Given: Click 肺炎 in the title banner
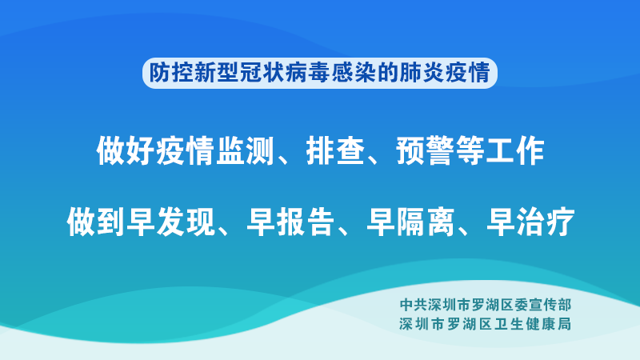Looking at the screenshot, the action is [x=422, y=73].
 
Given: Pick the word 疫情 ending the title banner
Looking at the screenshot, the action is [x=467, y=73].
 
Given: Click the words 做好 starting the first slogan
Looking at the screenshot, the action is [x=126, y=150].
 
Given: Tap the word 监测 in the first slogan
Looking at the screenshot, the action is [x=245, y=150].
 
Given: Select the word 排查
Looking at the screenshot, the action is [x=335, y=150].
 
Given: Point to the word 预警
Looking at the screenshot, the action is [x=426, y=150].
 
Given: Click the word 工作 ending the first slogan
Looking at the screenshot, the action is [x=515, y=150].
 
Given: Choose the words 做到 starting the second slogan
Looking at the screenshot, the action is [x=95, y=222].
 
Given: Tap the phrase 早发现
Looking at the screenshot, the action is [x=170, y=222].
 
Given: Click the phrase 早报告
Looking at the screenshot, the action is [x=290, y=222].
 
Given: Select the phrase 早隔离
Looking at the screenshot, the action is [x=410, y=222].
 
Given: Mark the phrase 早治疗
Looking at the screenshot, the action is [x=530, y=222].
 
